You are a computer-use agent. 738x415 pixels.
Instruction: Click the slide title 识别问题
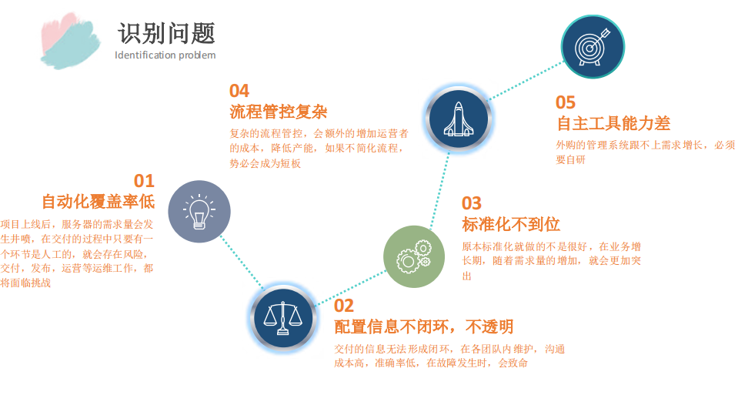pyautogui.click(x=166, y=33)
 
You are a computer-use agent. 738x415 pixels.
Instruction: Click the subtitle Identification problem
pyautogui.click(x=165, y=55)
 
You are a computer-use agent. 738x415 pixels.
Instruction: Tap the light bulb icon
pyautogui.click(x=199, y=212)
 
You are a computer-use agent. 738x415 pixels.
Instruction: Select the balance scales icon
pyautogui.click(x=283, y=316)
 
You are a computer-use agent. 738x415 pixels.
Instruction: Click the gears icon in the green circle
pyautogui.click(x=414, y=256)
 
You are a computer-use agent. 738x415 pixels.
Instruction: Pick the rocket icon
pyautogui.click(x=458, y=119)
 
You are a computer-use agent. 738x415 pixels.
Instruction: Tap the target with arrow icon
pyautogui.click(x=593, y=47)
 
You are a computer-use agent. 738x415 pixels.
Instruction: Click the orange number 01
pyautogui.click(x=144, y=182)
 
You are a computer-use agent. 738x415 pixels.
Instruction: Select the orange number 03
pyautogui.click(x=472, y=203)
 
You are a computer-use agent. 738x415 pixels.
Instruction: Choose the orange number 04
pyautogui.click(x=239, y=92)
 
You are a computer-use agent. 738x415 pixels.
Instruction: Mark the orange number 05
pyautogui.click(x=566, y=102)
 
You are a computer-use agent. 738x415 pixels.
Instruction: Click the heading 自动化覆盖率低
pyautogui.click(x=98, y=202)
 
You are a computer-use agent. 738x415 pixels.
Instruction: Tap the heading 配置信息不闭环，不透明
pyautogui.click(x=423, y=327)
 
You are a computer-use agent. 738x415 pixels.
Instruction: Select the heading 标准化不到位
pyautogui.click(x=510, y=225)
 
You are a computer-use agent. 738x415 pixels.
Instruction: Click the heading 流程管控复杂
pyautogui.click(x=279, y=112)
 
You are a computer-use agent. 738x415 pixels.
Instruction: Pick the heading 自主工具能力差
pyautogui.click(x=613, y=123)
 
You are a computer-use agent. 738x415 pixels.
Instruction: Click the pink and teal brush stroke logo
pyautogui.click(x=70, y=39)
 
